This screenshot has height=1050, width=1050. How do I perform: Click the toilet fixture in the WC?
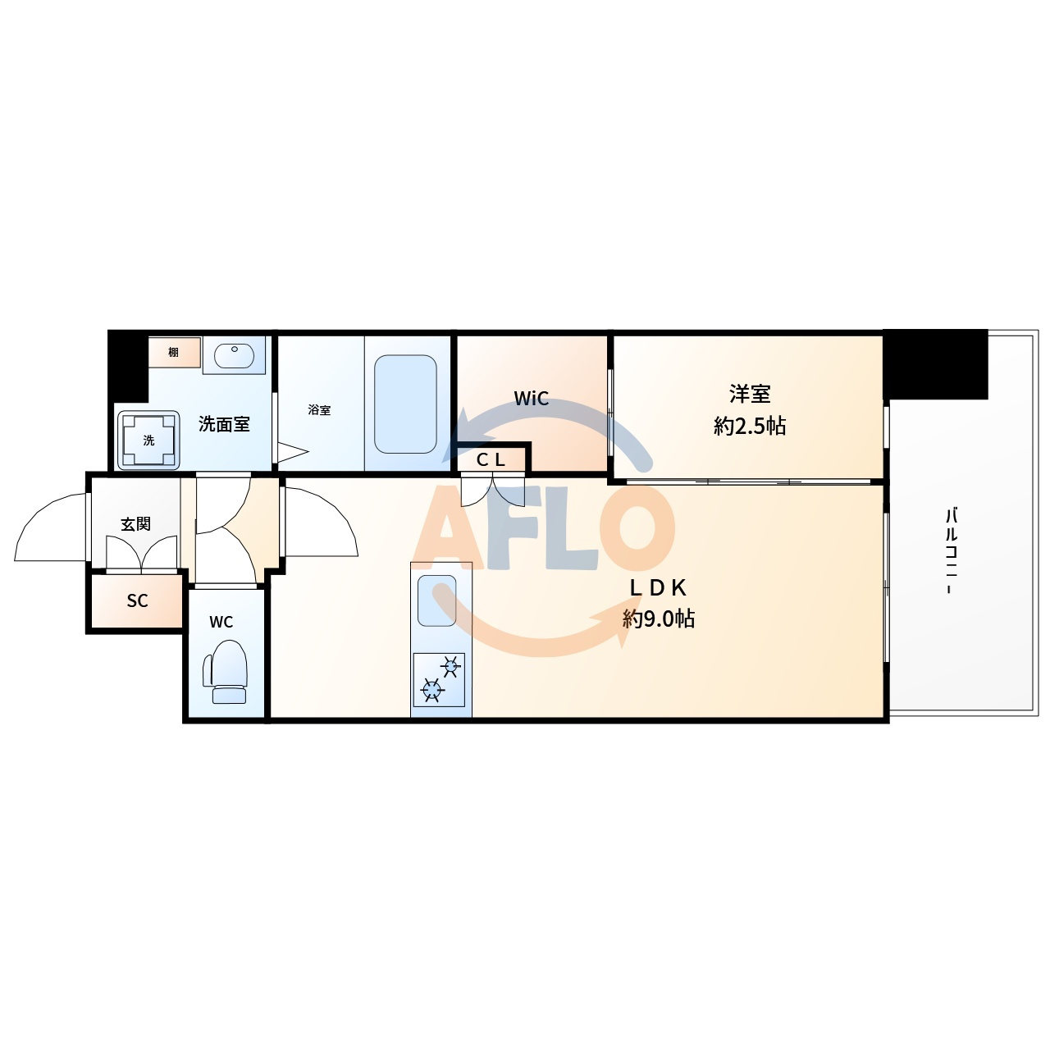click(225, 671)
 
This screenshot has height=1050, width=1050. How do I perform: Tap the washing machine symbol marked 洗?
click(148, 440)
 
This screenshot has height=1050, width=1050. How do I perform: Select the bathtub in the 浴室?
click(405, 404)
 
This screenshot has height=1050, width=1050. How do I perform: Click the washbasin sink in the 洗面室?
click(234, 356)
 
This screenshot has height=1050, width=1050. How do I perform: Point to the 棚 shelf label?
click(173, 352)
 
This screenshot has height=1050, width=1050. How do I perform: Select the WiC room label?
click(532, 399)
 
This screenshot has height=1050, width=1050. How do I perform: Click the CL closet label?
click(491, 460)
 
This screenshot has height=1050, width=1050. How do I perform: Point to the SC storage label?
click(137, 600)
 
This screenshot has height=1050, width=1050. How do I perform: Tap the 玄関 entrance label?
click(135, 524)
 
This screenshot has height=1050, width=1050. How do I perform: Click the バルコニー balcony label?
click(952, 551)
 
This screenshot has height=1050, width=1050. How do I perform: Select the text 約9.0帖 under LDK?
click(658, 619)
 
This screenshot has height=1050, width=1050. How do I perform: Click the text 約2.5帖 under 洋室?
click(750, 426)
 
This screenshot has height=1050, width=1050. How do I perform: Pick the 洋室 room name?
click(750, 394)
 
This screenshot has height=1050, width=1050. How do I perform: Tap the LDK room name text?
click(658, 588)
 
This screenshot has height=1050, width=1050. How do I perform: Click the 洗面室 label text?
click(224, 424)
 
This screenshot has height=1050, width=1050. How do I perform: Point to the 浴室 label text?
click(319, 410)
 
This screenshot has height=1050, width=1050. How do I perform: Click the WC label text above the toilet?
click(221, 622)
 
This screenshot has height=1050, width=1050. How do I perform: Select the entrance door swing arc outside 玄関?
click(38, 514)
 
